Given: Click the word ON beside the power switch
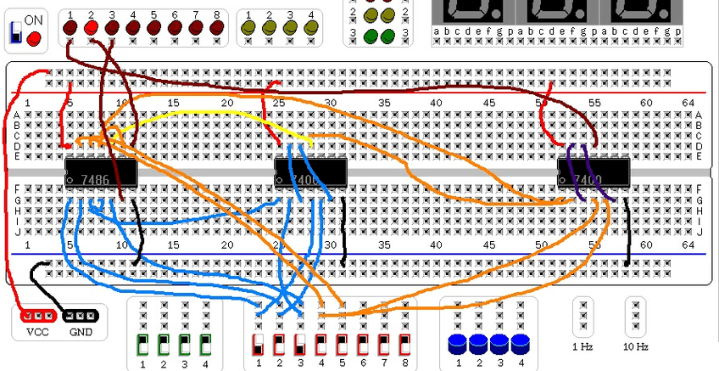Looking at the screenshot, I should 35,20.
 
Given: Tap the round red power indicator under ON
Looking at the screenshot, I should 34,38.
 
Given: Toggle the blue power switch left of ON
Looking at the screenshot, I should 16,34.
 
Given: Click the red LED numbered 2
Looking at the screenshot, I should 91,29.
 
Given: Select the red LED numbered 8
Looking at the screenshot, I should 217,29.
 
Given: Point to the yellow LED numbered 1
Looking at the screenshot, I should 249,29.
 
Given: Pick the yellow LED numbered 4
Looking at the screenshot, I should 311,29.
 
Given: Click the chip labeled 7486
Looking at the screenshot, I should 102,175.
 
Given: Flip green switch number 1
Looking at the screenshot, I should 142,346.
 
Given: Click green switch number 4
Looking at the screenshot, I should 205,346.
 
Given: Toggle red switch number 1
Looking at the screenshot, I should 259,346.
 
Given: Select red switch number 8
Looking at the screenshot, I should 405,346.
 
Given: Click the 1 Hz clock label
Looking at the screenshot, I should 582,346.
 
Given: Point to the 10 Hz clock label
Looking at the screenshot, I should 635,346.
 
